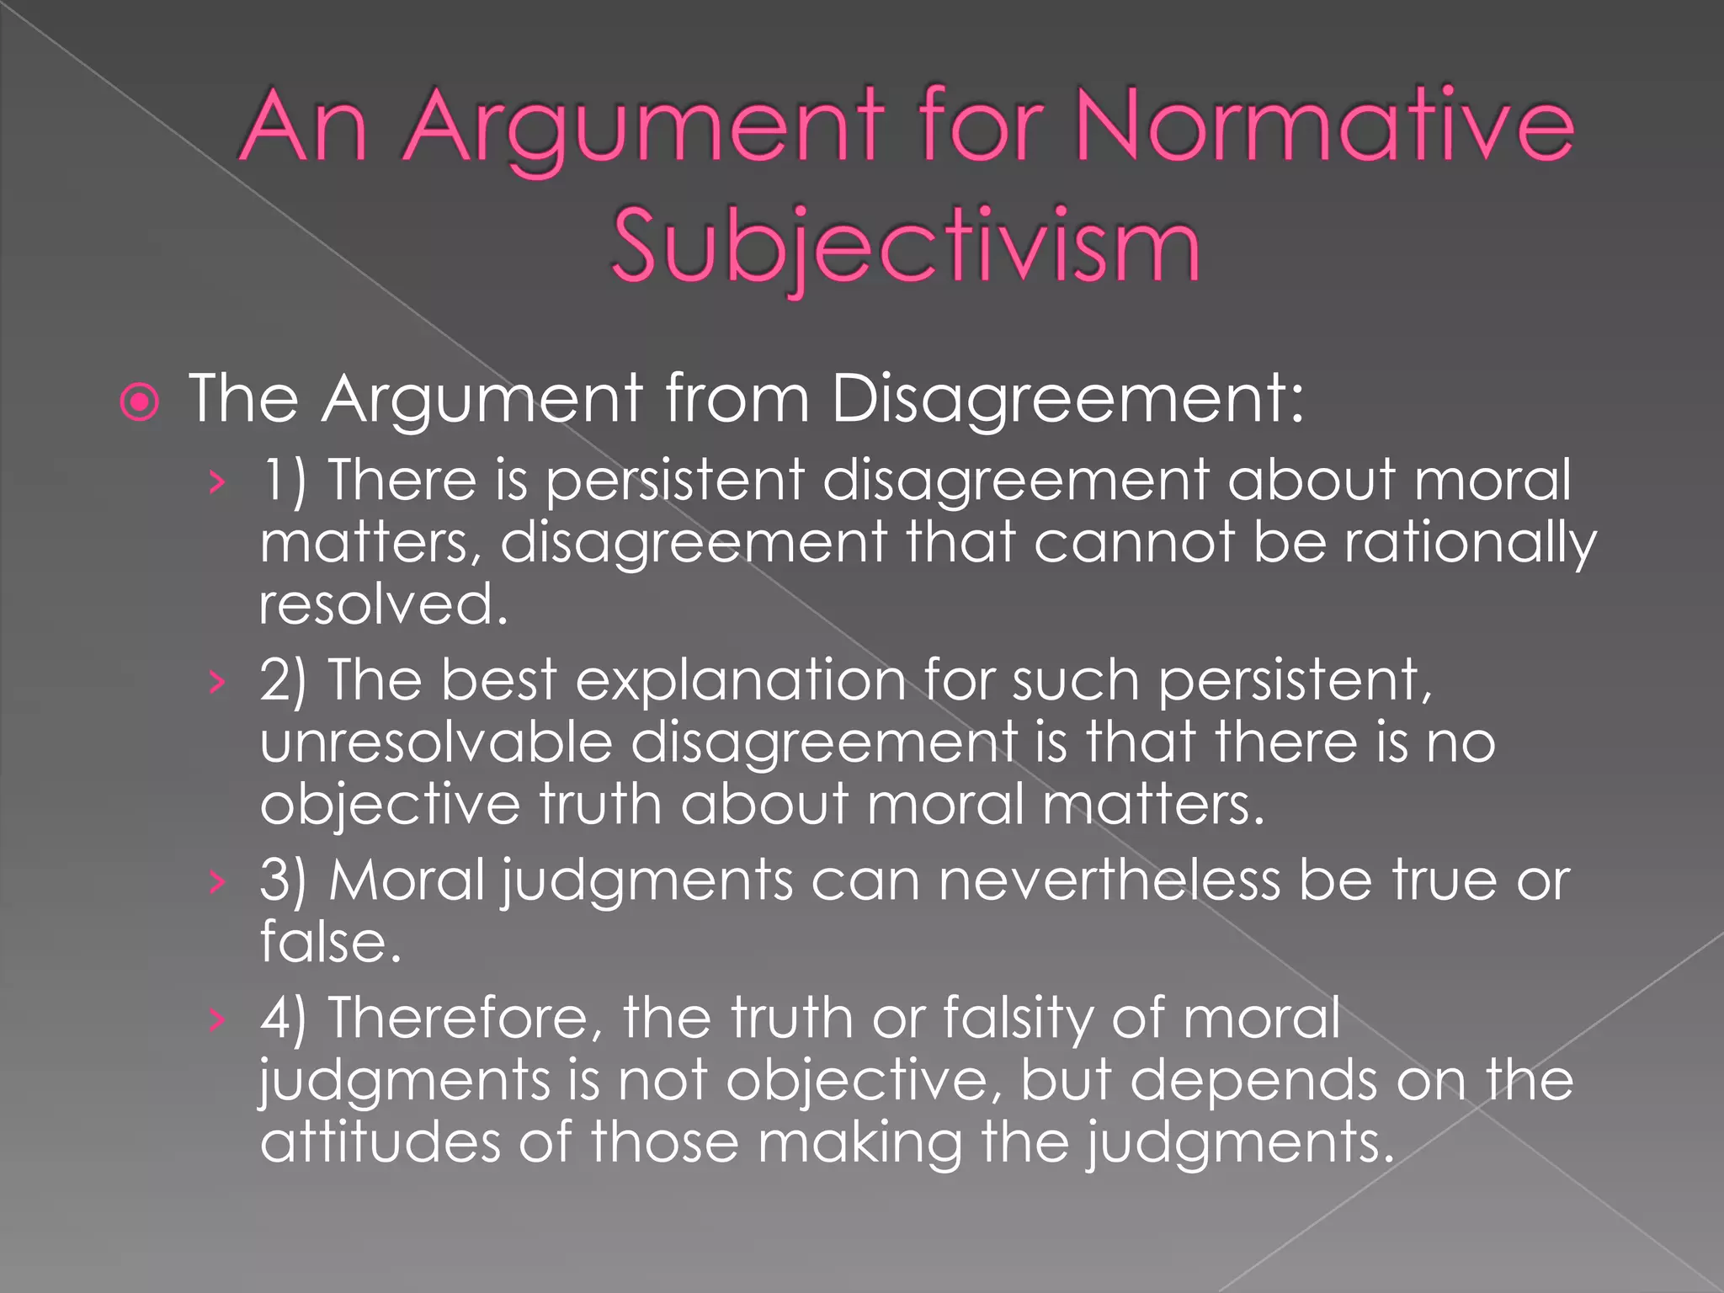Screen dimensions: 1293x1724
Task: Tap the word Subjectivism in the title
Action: click(x=906, y=246)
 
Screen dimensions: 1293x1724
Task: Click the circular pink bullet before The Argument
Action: click(x=140, y=402)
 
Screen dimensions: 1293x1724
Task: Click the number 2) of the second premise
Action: click(x=284, y=680)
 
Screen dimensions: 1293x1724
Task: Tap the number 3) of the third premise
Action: click(x=284, y=881)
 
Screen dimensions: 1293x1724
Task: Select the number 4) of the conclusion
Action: click(x=284, y=1018)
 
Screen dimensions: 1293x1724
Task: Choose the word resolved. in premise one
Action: click(x=384, y=604)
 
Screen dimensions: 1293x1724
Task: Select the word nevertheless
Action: click(x=1109, y=881)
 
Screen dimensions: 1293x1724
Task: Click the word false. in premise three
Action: click(x=330, y=942)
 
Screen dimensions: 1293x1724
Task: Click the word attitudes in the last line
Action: click(x=380, y=1141)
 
